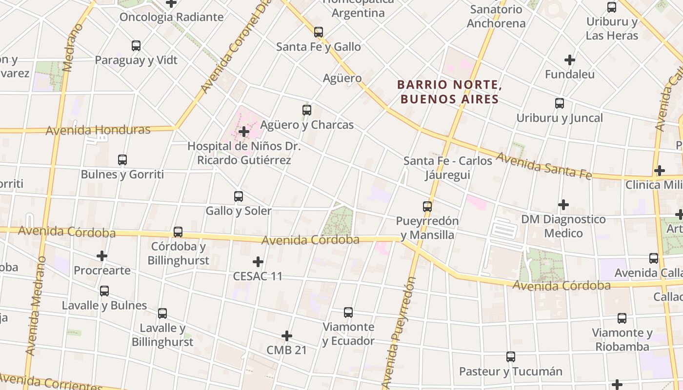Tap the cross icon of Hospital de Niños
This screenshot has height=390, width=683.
point(244,132)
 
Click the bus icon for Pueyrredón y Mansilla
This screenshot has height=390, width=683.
point(427,207)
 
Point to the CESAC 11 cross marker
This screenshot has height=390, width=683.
point(258,262)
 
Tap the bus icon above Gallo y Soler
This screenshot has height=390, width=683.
point(239,196)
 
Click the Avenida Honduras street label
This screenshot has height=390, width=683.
point(98,130)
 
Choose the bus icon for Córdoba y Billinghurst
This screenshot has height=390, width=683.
point(178,232)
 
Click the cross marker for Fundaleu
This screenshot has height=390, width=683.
point(569,60)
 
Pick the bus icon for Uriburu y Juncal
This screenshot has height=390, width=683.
point(560,103)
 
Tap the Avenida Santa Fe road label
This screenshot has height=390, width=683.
point(544,165)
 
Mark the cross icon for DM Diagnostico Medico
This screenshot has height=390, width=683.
point(563,205)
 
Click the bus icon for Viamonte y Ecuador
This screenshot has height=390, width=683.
point(348,312)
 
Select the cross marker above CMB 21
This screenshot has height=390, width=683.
point(287,336)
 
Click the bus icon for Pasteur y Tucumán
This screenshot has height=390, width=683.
point(511,357)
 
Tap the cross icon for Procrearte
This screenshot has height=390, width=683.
point(102,256)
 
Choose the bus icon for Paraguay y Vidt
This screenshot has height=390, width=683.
point(136,46)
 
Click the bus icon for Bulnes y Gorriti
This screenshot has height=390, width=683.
point(122,160)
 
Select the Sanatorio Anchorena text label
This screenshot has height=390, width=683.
point(496,16)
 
